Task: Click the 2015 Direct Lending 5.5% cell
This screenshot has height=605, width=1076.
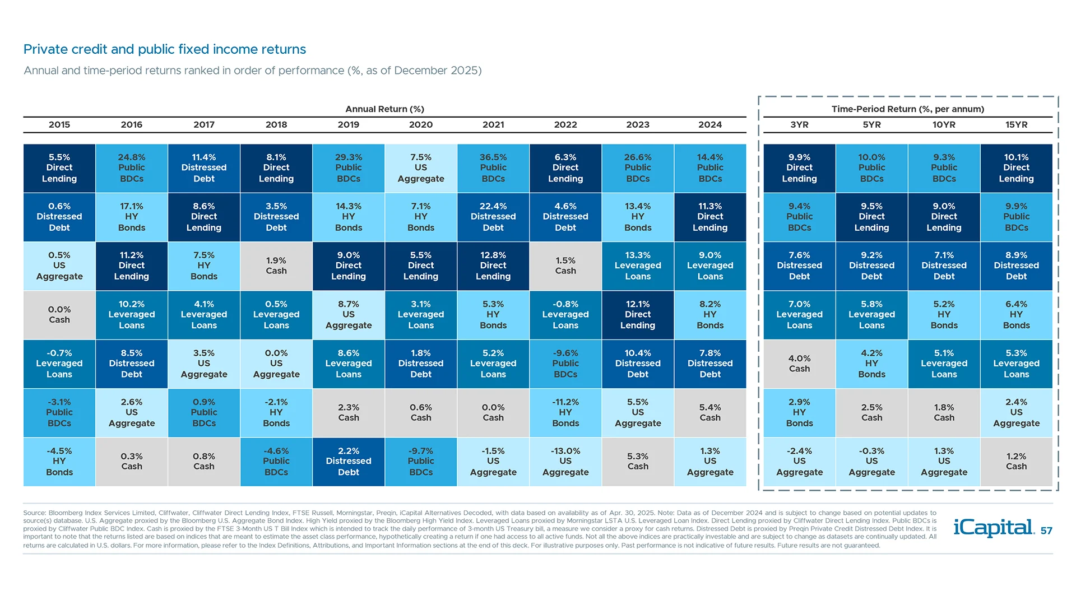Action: [59, 168]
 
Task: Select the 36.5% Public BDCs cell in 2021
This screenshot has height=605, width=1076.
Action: [493, 168]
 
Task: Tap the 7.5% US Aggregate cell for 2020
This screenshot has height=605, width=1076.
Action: [421, 168]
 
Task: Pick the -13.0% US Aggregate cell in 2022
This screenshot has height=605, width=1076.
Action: [565, 462]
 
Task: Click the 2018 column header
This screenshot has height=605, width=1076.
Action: [276, 125]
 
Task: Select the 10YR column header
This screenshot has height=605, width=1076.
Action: [944, 125]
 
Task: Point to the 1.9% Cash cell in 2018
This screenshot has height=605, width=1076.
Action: [276, 266]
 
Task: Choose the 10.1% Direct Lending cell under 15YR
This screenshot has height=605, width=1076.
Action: [1016, 168]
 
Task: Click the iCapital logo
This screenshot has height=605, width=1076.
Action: [993, 528]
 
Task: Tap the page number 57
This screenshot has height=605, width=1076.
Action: [1046, 531]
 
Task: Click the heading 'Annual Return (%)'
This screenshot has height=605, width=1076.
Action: [384, 109]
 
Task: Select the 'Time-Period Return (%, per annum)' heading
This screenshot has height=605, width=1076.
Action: [907, 109]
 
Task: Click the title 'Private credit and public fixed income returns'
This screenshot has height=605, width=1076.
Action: [165, 49]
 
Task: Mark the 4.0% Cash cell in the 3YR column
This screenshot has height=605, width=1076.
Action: [799, 364]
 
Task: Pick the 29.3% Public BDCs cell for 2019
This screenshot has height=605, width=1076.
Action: [349, 168]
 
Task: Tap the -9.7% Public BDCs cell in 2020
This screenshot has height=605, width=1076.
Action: [421, 462]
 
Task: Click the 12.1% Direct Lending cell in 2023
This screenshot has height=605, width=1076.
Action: [638, 315]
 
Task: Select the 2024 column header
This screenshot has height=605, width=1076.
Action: [710, 125]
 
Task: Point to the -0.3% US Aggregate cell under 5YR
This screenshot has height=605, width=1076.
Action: [871, 462]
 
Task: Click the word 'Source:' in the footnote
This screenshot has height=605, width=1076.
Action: [34, 513]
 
